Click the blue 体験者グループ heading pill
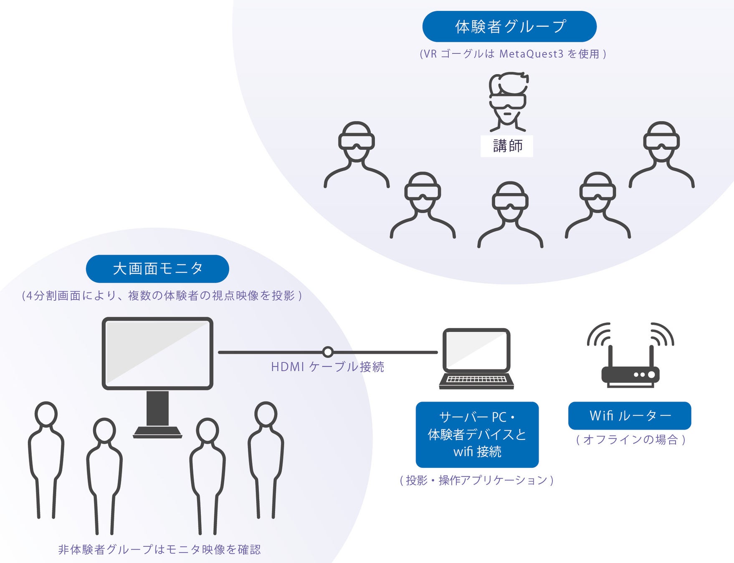pos(509,27)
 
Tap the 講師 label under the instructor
pos(507,146)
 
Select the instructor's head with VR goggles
pos(508,98)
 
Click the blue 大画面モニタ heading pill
pos(157,269)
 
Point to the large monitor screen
pos(157,353)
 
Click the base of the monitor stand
pos(157,432)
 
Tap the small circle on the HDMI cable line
pos(328,352)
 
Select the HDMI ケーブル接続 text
pos(327,367)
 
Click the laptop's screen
pos(476,350)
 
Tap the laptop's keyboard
pos(476,380)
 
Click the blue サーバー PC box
pos(477,434)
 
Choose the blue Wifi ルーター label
pos(630,415)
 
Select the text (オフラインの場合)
pos(630,440)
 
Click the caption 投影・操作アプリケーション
pos(476,480)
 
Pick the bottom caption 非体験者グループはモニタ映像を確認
pos(159,549)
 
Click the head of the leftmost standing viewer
pos(46,414)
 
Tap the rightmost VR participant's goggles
pos(661,142)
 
